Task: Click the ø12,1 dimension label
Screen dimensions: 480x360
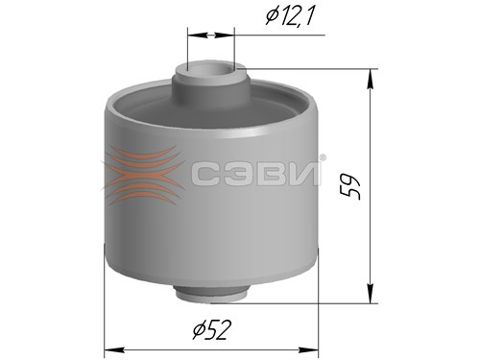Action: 289,15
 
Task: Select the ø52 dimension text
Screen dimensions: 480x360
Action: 211,330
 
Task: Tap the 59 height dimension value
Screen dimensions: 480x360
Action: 350,186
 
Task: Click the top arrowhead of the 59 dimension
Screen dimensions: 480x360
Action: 371,79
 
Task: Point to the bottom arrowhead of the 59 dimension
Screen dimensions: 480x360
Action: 371,293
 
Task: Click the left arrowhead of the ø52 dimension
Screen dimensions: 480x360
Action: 114,349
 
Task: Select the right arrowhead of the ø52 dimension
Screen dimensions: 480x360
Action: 308,349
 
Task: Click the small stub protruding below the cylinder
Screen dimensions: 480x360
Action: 211,293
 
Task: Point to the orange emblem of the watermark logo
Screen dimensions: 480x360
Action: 142,175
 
